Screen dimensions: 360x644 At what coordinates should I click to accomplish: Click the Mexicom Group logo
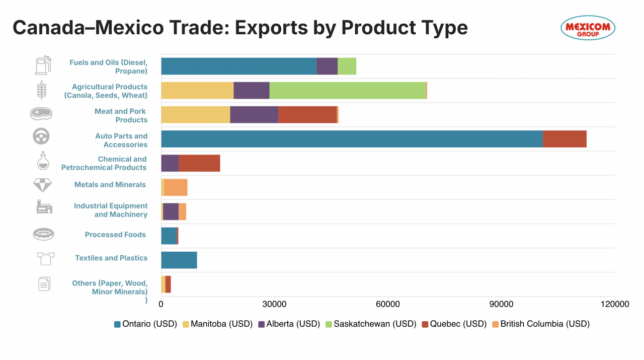point(588,27)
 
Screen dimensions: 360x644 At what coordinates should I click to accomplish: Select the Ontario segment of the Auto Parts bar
point(352,139)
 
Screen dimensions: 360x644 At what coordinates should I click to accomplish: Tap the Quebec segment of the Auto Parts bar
point(565,139)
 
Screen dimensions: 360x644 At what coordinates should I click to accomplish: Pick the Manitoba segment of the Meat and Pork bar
point(195,115)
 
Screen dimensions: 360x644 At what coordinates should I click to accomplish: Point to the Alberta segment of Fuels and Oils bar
point(327,66)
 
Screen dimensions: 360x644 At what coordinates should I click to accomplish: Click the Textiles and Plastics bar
point(179,260)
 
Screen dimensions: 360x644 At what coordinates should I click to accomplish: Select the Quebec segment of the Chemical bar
point(199,163)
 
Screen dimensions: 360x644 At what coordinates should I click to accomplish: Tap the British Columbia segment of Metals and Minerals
point(176,187)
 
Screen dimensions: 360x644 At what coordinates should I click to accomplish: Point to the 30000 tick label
point(274,304)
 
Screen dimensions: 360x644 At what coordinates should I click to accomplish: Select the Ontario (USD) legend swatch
point(118,324)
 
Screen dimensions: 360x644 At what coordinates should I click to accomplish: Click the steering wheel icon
point(41,136)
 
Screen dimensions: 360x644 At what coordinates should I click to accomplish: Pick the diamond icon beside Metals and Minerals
point(42,185)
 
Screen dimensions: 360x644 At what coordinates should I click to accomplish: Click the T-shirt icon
point(45,259)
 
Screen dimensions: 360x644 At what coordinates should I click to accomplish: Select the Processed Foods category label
point(115,235)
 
